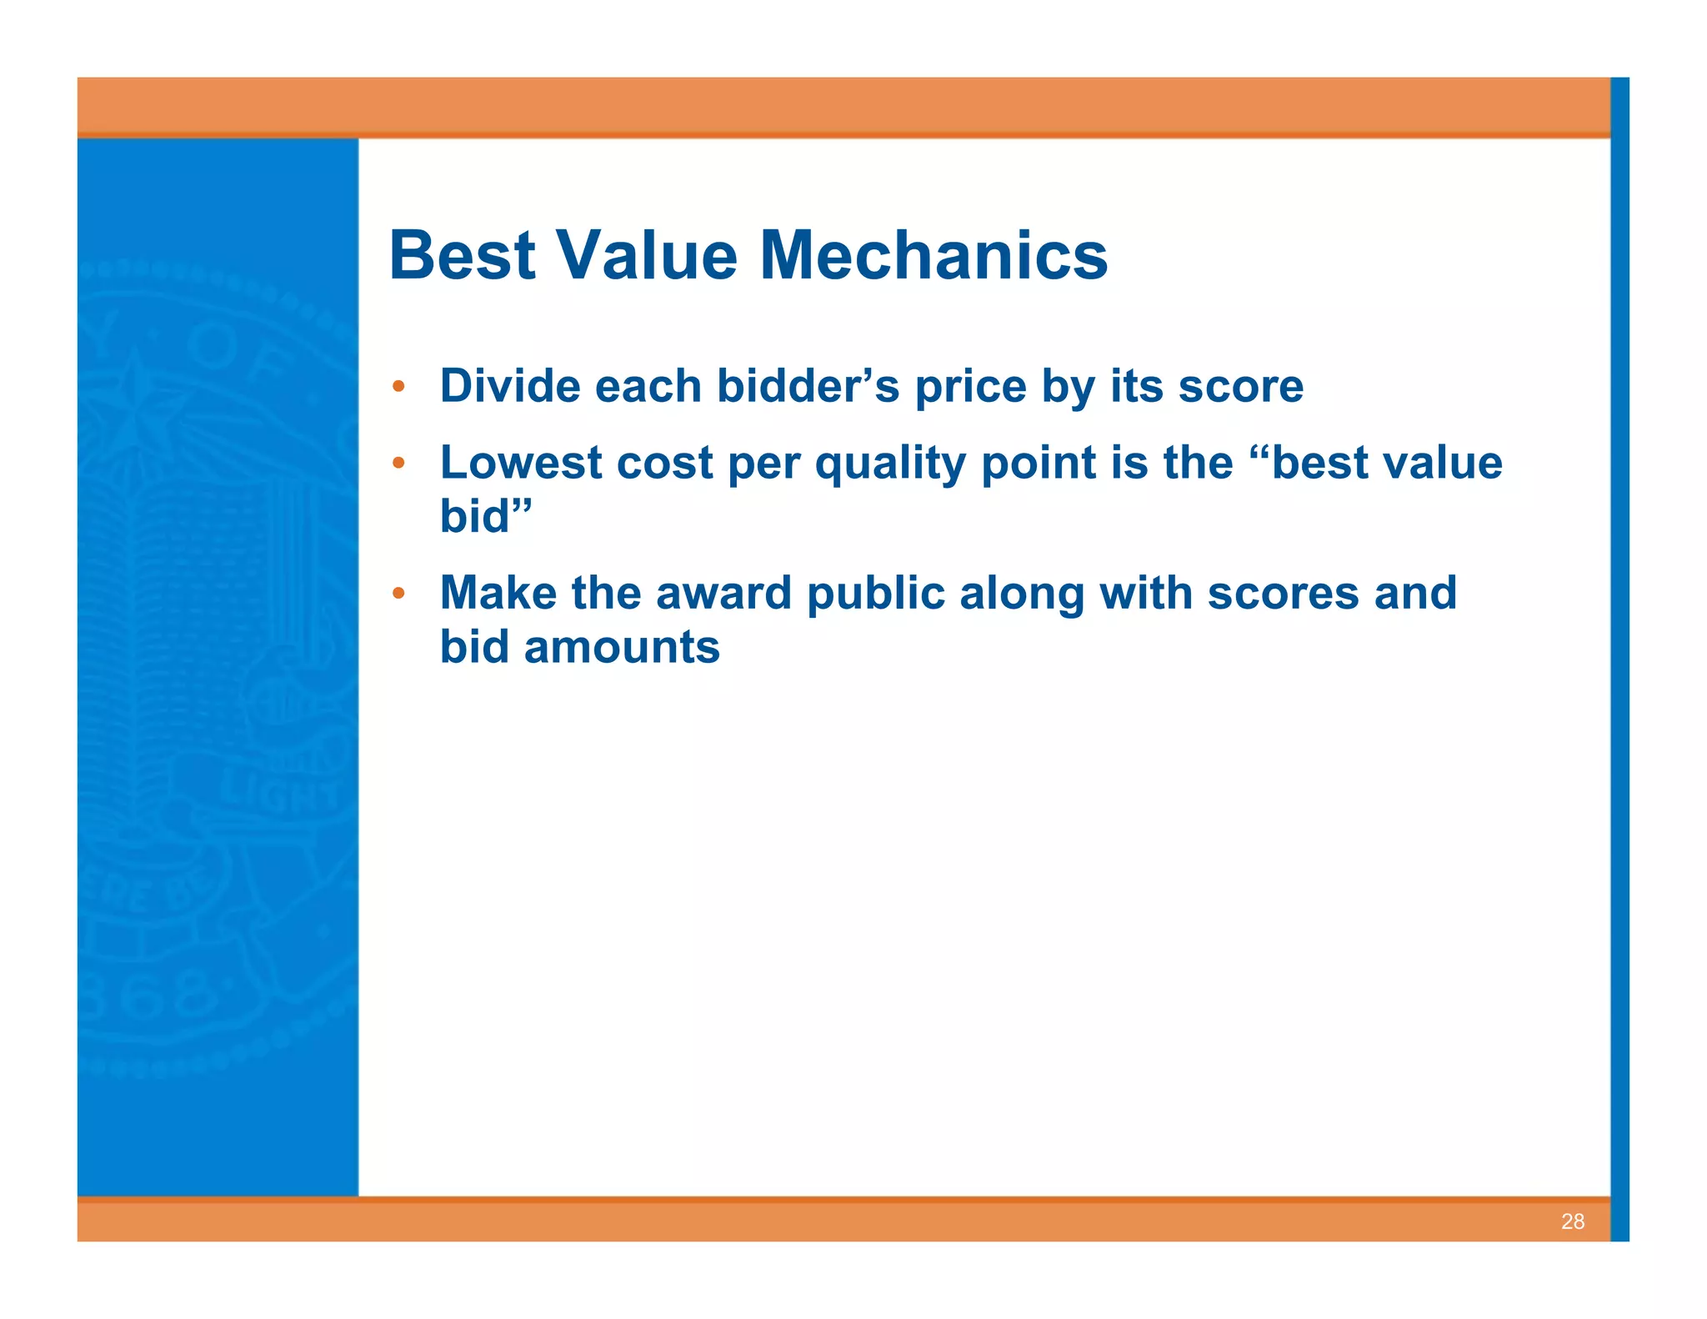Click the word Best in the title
coord(462,255)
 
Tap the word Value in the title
coord(647,255)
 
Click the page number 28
coord(1572,1221)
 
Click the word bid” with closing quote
coord(485,516)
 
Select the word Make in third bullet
coord(498,593)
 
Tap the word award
coord(723,593)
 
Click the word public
coord(875,593)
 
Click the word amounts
coord(621,647)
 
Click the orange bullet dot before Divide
coord(398,387)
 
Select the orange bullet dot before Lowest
coord(398,463)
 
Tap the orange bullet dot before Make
coord(398,593)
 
